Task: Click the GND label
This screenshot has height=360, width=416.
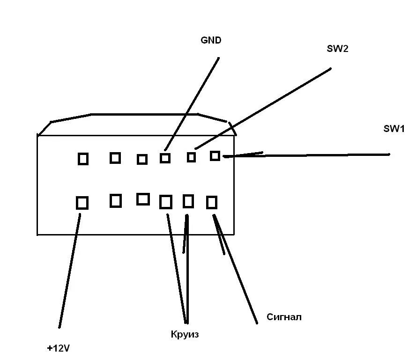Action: click(210, 41)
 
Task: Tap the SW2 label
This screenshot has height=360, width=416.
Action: click(337, 49)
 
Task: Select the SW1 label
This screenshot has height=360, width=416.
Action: click(394, 129)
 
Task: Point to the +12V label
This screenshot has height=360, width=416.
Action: click(59, 348)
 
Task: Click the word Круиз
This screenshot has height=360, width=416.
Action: click(185, 334)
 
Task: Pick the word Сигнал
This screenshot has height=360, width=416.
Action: click(284, 317)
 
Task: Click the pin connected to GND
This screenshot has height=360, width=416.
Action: click(165, 158)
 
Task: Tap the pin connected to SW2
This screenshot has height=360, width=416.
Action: click(191, 157)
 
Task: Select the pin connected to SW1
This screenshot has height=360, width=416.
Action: click(215, 156)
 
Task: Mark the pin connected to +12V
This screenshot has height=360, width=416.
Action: click(82, 203)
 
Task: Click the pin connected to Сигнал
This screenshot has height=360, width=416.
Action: click(212, 202)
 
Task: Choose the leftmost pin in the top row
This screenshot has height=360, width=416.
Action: click(83, 159)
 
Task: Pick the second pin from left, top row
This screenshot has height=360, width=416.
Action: click(115, 158)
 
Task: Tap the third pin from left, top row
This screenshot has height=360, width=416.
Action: click(142, 160)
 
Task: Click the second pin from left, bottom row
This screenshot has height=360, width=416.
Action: click(115, 201)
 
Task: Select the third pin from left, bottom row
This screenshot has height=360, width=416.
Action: click(143, 199)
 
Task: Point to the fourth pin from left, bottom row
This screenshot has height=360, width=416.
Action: click(166, 202)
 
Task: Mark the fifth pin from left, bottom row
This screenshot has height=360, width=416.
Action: click(188, 201)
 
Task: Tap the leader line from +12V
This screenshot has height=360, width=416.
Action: click(69, 272)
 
